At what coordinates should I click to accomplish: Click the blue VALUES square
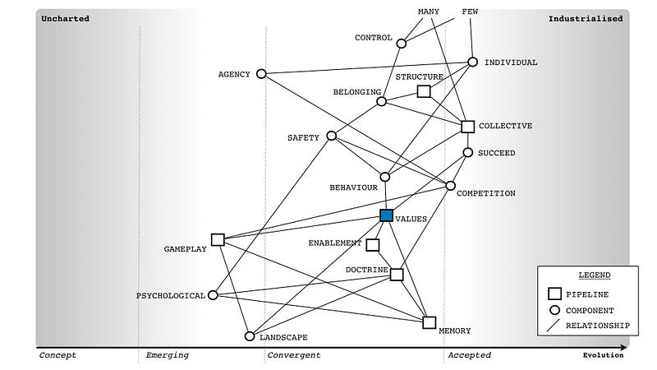pyautogui.click(x=386, y=215)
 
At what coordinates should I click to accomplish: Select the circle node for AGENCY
pyautogui.click(x=261, y=73)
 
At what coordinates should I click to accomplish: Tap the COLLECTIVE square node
pyautogui.click(x=467, y=126)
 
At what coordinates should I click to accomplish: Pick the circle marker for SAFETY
pyautogui.click(x=331, y=136)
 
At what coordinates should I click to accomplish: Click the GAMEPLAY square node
pyautogui.click(x=218, y=239)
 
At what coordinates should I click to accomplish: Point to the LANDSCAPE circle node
pyautogui.click(x=250, y=335)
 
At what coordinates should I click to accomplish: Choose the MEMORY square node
pyautogui.click(x=429, y=322)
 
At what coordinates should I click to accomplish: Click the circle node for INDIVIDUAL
pyautogui.click(x=473, y=62)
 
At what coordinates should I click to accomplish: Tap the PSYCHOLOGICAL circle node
pyautogui.click(x=213, y=295)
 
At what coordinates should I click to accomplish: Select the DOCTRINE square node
pyautogui.click(x=397, y=274)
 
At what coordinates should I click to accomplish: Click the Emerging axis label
pyautogui.click(x=167, y=355)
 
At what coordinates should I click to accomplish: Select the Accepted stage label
pyautogui.click(x=469, y=355)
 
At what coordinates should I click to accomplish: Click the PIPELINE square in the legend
pyautogui.click(x=555, y=294)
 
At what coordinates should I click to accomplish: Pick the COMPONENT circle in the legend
pyautogui.click(x=555, y=310)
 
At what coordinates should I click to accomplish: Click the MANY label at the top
pyautogui.click(x=429, y=11)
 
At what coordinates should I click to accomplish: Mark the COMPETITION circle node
pyautogui.click(x=450, y=186)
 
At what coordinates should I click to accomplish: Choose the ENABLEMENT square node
pyautogui.click(x=372, y=245)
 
